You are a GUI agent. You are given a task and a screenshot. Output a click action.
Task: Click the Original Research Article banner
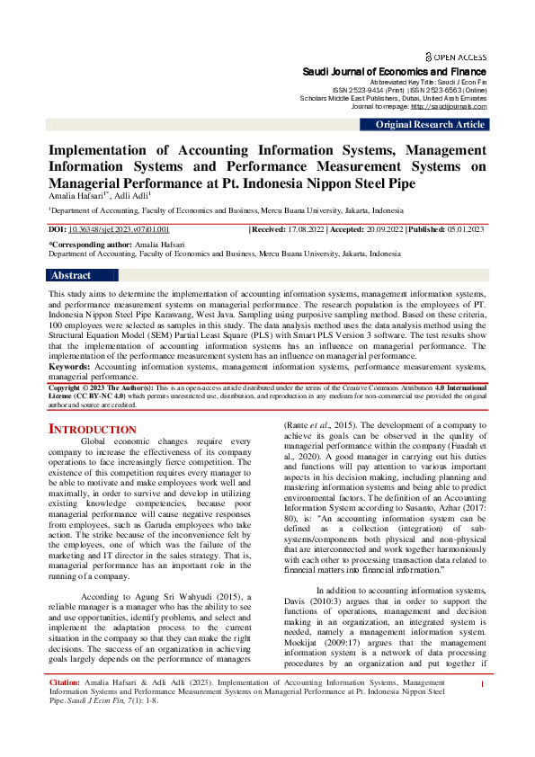click(429, 125)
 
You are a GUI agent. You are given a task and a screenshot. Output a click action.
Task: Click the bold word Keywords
click(68, 367)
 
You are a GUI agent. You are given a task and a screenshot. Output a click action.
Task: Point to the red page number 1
click(484, 710)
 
